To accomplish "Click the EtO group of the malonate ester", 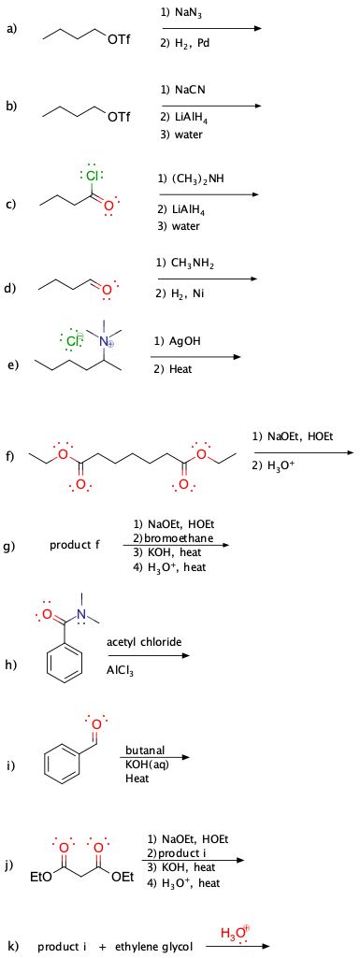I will (41, 878).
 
